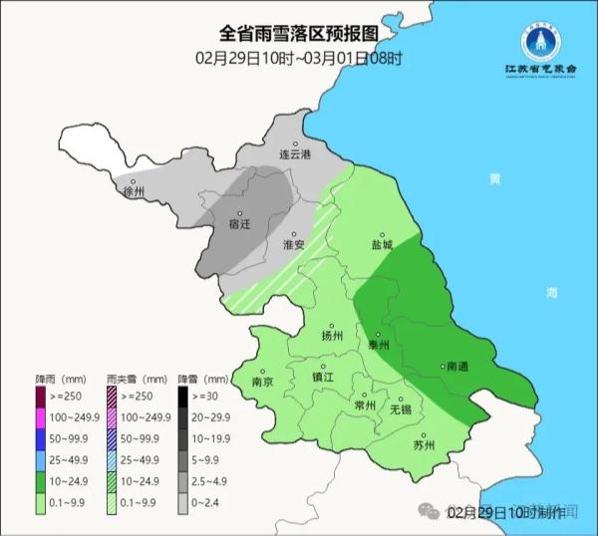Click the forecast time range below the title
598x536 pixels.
point(299,58)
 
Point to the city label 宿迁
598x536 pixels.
point(239,224)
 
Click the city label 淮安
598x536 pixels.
point(293,244)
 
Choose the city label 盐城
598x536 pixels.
point(382,244)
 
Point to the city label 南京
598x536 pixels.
point(263,382)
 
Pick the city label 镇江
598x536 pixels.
point(323,377)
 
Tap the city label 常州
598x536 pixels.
point(365,405)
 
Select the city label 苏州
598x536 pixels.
point(423,445)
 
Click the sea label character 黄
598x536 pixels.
point(494,178)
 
